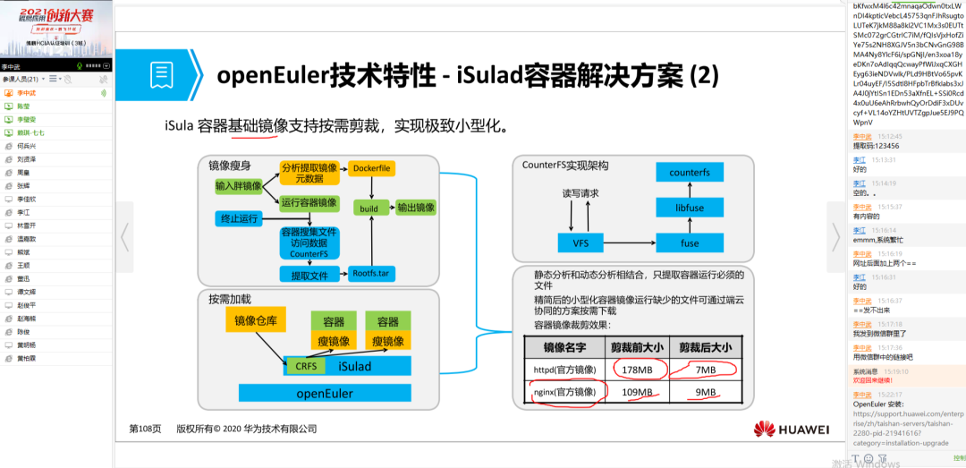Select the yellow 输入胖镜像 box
pyautogui.click(x=238, y=186)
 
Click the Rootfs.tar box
pyautogui.click(x=371, y=274)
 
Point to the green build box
pyautogui.click(x=369, y=208)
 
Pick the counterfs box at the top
pyautogui.click(x=689, y=172)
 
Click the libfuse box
pyautogui.click(x=689, y=208)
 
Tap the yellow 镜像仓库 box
pyautogui.click(x=256, y=321)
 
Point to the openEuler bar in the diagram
pyautogui.click(x=325, y=393)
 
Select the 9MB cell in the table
pyautogui.click(x=706, y=392)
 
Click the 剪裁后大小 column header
pyautogui.click(x=706, y=347)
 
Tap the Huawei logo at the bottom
pyautogui.click(x=792, y=430)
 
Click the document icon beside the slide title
pyautogui.click(x=162, y=74)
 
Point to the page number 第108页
pyautogui.click(x=145, y=430)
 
